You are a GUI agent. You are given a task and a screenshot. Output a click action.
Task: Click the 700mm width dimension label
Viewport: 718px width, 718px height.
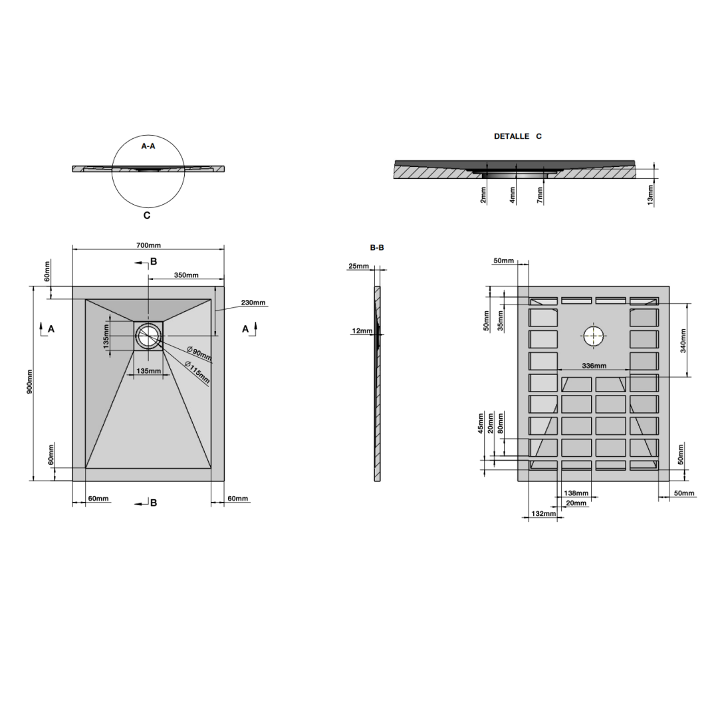148,245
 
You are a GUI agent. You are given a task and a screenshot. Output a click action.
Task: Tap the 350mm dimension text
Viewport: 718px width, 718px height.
186,275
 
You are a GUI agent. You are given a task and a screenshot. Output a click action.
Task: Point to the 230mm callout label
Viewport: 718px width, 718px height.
253,302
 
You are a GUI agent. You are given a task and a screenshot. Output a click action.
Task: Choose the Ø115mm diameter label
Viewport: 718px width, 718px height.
197,373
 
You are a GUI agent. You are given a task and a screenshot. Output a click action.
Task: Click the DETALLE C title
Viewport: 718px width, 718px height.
517,136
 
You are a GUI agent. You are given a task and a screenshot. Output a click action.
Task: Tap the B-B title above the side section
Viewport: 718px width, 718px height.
376,247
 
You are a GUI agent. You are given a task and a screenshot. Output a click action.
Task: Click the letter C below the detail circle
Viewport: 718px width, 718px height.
147,215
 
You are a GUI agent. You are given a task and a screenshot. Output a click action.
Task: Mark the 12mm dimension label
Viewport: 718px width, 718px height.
362,330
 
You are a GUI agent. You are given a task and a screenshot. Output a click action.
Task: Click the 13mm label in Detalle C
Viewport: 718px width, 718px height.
650,194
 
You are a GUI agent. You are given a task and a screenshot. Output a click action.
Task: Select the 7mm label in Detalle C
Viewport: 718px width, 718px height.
540,194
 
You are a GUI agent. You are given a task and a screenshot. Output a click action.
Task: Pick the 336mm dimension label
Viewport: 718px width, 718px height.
594,366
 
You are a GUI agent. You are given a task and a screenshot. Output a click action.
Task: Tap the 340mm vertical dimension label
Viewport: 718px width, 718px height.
683,340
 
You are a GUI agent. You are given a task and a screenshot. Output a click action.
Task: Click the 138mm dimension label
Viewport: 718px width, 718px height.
576,493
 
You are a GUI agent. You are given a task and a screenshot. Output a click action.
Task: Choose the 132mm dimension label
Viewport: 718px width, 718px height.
543,514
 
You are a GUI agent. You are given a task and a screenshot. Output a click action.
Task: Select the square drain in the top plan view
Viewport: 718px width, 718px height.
148,335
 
